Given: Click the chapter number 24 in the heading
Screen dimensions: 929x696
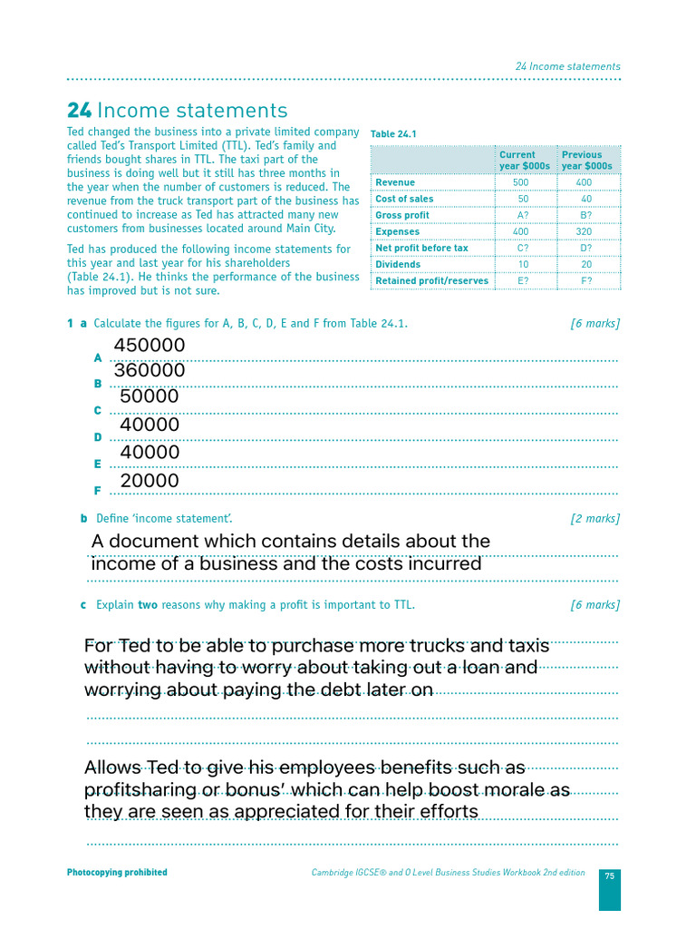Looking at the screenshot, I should [x=79, y=111].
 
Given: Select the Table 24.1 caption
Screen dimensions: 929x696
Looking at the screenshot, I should [x=393, y=134].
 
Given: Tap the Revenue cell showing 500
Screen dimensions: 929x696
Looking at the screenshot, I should [x=520, y=182].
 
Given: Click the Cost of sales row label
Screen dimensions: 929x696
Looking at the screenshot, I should [x=404, y=199].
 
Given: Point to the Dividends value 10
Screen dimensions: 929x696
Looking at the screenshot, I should [x=523, y=264].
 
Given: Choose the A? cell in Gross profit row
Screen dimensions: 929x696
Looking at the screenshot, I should [x=523, y=215].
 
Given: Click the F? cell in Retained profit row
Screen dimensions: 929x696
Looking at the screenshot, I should [x=585, y=280].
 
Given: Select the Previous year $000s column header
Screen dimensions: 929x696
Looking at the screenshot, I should [x=586, y=161].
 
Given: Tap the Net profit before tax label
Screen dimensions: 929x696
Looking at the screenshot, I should [x=421, y=248].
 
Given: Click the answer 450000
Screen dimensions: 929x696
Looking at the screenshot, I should [x=150, y=346].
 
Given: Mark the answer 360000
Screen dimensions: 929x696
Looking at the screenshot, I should [x=150, y=371].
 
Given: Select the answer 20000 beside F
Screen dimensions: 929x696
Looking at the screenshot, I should [x=150, y=480].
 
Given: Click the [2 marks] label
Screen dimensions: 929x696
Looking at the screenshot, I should [x=594, y=518].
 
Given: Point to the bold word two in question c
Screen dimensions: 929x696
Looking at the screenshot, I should [x=147, y=604].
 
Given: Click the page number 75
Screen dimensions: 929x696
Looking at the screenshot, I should [x=609, y=875].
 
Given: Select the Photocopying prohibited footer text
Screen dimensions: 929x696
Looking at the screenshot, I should [x=117, y=873].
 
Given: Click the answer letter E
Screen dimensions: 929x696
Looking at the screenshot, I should [x=98, y=464].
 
